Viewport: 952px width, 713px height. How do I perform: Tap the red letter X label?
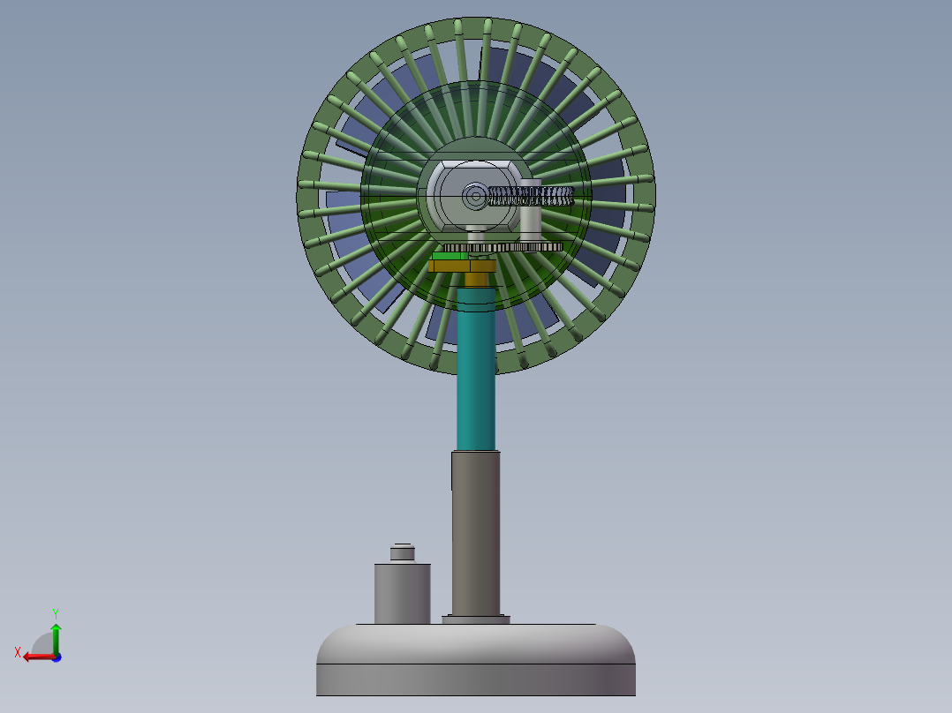click(x=18, y=652)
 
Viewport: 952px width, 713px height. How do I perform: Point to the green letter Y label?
click(x=55, y=612)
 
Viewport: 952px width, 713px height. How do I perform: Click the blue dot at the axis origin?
click(x=56, y=657)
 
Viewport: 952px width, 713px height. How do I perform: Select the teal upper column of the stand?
click(x=476, y=371)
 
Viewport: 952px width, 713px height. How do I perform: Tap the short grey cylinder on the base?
click(x=402, y=593)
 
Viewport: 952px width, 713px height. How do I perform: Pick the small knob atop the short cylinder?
click(x=403, y=552)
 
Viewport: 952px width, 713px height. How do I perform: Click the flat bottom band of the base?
click(x=476, y=679)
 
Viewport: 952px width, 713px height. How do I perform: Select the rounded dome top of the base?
click(x=476, y=642)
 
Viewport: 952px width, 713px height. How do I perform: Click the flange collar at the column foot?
click(x=476, y=619)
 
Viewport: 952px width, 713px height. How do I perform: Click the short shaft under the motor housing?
click(x=476, y=235)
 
